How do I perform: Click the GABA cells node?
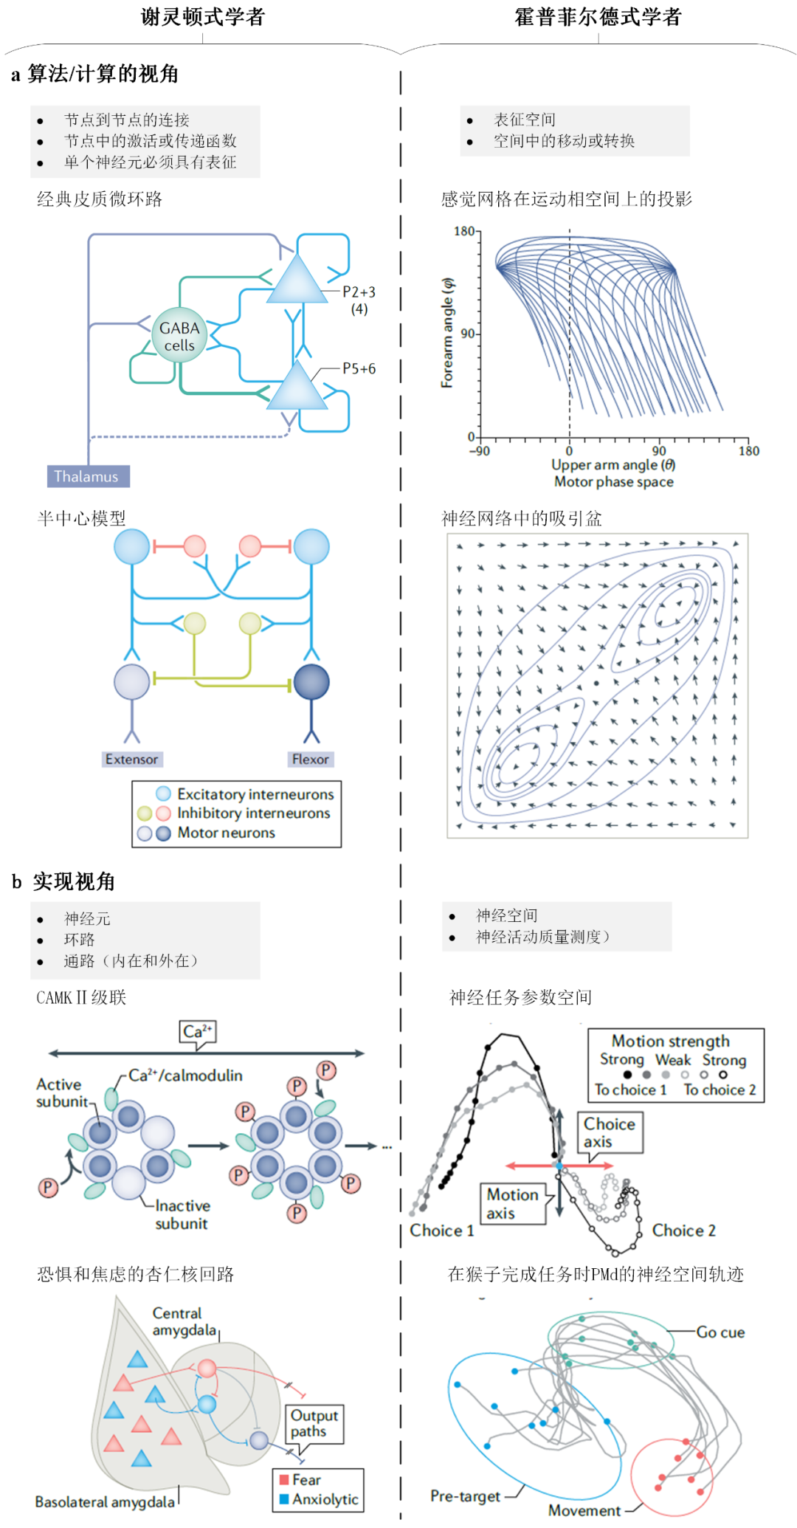click(179, 336)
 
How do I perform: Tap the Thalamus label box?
click(88, 476)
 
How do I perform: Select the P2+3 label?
click(359, 292)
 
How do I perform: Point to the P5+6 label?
click(359, 368)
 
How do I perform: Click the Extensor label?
click(131, 759)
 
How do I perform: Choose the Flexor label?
click(311, 759)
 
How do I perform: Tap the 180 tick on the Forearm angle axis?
click(464, 232)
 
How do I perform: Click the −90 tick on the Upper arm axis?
click(480, 451)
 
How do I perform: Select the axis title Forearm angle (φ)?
click(448, 333)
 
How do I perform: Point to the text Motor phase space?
click(613, 482)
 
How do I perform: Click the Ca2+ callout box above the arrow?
click(197, 1031)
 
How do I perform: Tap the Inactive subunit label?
click(182, 1214)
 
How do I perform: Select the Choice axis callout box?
click(610, 1132)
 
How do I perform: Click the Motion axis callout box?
click(513, 1203)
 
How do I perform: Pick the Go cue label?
click(720, 1332)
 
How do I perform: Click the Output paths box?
click(314, 1423)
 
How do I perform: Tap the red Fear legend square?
click(284, 1479)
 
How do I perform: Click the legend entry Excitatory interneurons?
click(255, 794)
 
